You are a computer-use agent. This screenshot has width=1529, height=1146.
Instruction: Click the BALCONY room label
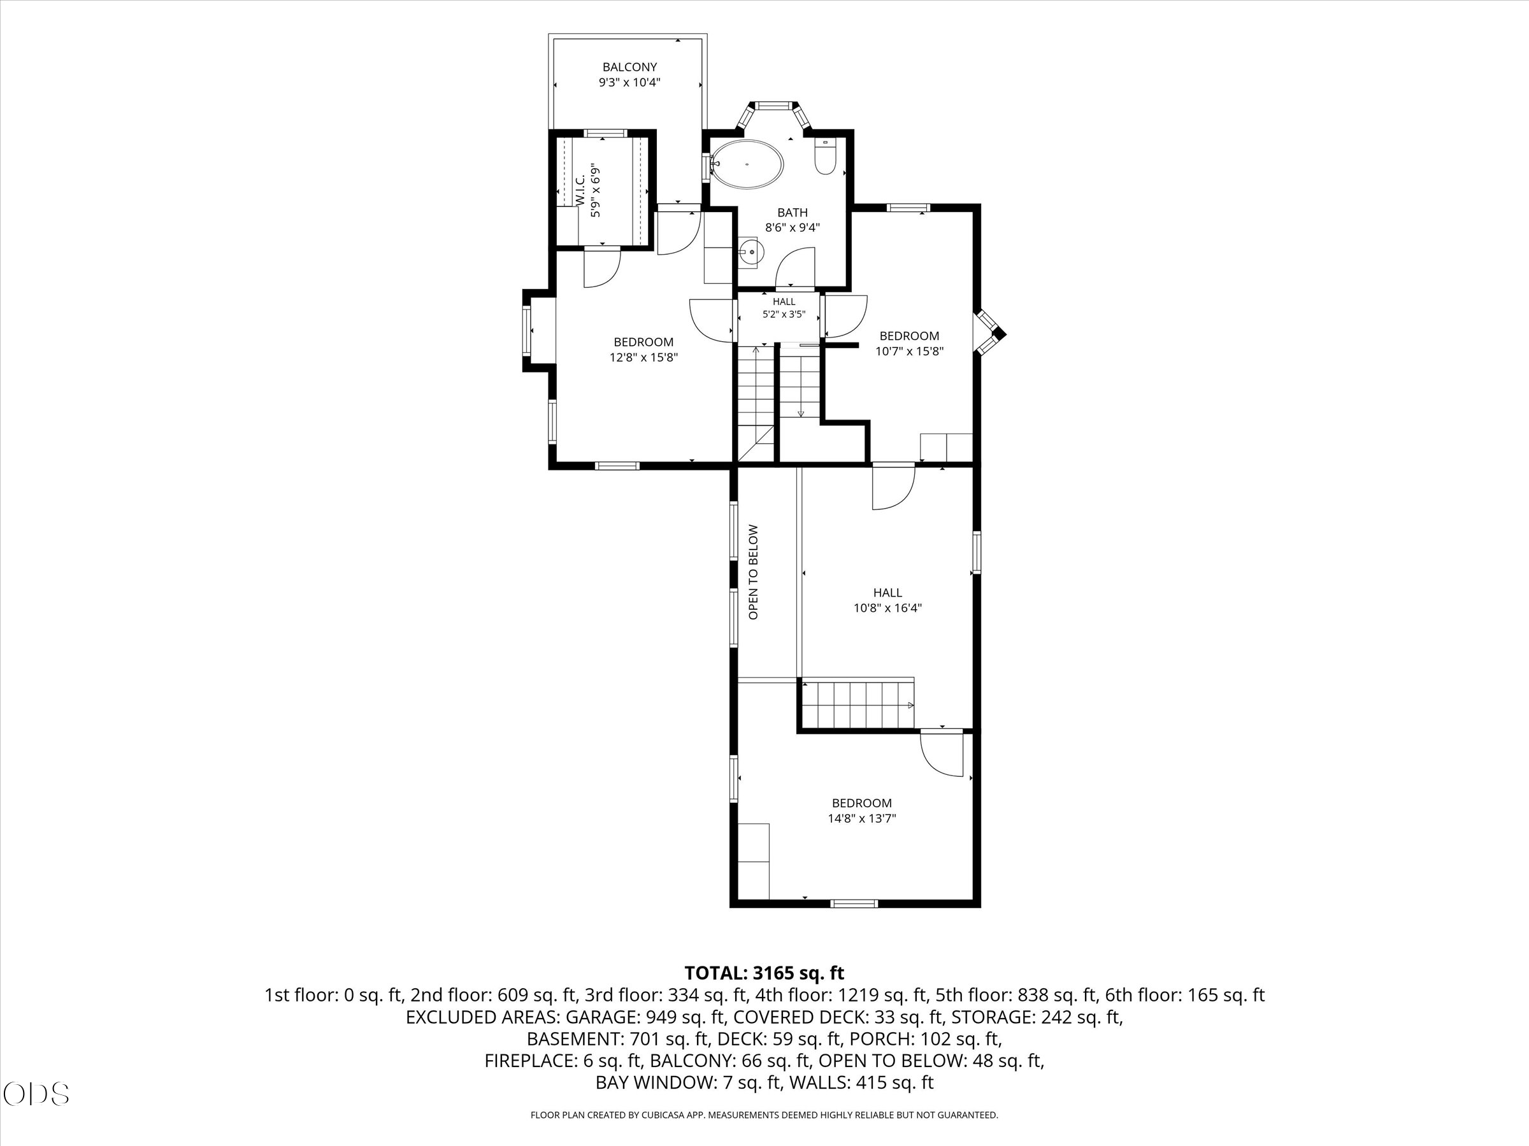point(629,67)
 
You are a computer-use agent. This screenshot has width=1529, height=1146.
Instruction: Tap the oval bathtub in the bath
point(747,164)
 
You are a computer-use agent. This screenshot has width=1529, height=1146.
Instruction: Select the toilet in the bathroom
point(825,156)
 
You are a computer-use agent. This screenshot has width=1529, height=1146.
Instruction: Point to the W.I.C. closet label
point(580,189)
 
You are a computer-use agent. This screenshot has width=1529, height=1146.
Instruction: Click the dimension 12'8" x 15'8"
point(643,357)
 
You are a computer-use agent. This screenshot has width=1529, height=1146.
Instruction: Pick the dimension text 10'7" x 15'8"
point(909,351)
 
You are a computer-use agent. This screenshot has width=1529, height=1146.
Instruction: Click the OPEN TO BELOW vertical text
point(754,572)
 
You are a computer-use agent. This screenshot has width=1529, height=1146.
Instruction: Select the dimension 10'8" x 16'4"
point(887,608)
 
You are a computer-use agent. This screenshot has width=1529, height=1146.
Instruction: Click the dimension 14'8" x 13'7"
point(862,819)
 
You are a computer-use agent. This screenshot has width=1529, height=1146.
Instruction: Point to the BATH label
point(792,213)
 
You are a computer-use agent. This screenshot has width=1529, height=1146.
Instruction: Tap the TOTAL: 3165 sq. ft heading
point(764,973)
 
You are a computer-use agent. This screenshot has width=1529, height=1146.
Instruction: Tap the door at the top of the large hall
point(893,488)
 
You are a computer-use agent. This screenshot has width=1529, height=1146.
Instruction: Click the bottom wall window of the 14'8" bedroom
point(854,903)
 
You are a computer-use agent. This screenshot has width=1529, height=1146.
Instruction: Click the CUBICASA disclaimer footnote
point(764,1114)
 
